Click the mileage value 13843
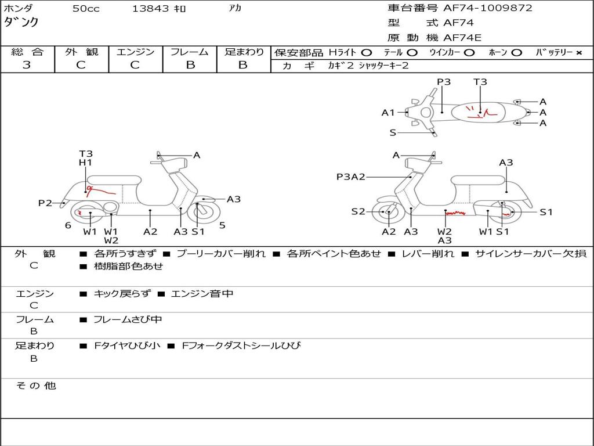[151, 9]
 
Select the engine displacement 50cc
[86, 9]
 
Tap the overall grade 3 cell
[27, 65]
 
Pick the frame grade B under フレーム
[190, 65]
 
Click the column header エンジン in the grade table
[135, 52]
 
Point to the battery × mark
[579, 53]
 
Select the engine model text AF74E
[462, 38]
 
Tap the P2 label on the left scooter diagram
[45, 203]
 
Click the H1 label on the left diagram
[85, 163]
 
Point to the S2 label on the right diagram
[358, 212]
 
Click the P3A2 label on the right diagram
[350, 177]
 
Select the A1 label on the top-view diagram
[387, 113]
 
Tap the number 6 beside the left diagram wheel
[68, 225]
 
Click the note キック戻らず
[122, 294]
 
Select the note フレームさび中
[128, 319]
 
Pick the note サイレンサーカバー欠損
[530, 254]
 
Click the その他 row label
[35, 386]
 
